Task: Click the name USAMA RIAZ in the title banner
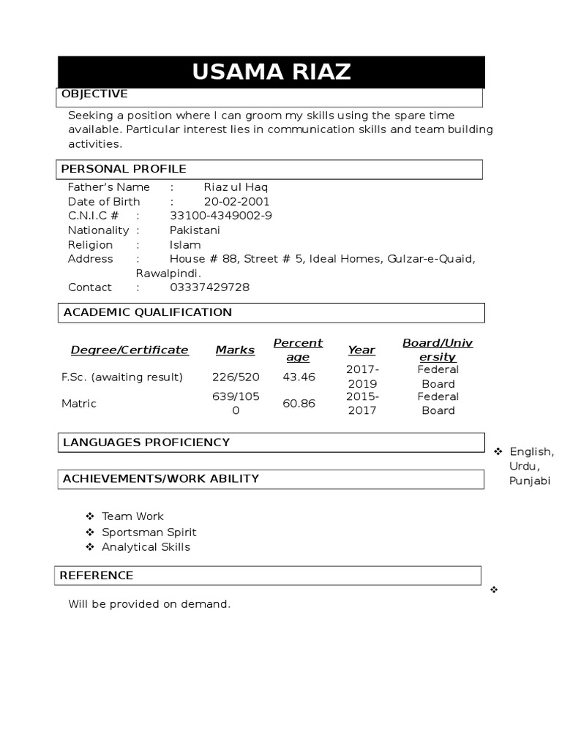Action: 271,72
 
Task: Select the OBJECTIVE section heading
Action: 94,94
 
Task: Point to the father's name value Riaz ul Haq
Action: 236,187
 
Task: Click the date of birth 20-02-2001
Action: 236,201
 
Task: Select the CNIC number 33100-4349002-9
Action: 221,216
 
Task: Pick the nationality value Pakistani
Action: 195,230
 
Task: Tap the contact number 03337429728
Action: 209,287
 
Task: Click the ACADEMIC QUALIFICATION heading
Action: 148,312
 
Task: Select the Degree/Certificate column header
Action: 130,350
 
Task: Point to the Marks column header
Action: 235,350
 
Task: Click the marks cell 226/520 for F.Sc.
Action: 235,377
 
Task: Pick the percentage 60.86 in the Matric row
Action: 299,404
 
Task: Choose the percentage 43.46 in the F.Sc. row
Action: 299,377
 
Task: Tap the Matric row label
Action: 79,404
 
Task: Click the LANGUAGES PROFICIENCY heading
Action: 146,443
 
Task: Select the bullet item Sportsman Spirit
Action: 149,532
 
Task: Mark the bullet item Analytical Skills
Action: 146,547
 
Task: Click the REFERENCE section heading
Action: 97,576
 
